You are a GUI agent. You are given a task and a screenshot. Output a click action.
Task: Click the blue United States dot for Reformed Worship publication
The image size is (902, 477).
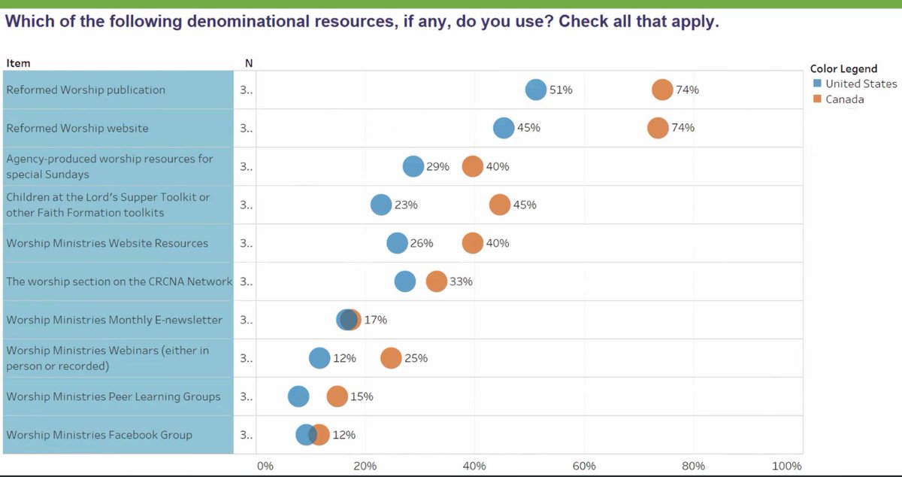[535, 90]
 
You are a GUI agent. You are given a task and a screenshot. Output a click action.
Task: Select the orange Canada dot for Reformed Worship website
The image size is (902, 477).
[658, 128]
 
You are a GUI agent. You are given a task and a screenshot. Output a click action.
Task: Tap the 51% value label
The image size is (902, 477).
[561, 90]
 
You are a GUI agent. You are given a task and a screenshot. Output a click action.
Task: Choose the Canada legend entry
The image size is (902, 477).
[844, 99]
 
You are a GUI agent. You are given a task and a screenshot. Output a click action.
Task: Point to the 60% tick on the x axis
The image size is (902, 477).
[584, 466]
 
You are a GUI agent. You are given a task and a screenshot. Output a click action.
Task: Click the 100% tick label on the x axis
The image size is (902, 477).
[786, 466]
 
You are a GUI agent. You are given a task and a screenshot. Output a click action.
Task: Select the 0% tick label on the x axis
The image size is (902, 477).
[265, 466]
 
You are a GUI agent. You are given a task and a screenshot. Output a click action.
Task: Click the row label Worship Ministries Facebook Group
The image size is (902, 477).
[99, 435]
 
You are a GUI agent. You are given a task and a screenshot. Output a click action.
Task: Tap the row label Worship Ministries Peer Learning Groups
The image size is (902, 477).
[114, 396]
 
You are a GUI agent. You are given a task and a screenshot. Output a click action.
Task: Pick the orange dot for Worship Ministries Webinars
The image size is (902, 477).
[391, 358]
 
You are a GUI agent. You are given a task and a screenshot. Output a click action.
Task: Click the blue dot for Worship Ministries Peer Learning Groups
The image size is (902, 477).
[298, 396]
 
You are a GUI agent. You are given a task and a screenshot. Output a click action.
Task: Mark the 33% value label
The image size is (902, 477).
[461, 281]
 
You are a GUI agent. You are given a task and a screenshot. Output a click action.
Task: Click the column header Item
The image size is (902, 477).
[18, 63]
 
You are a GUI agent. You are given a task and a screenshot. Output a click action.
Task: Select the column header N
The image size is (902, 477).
[248, 63]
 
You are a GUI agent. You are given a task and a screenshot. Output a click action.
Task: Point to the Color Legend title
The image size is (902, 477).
[843, 68]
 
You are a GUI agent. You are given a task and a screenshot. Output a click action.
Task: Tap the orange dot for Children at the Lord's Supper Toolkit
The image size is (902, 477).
[499, 205]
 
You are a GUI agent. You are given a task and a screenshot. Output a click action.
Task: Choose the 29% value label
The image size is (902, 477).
[437, 166]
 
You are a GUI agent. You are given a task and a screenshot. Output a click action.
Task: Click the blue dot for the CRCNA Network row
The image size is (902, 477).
[404, 281]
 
